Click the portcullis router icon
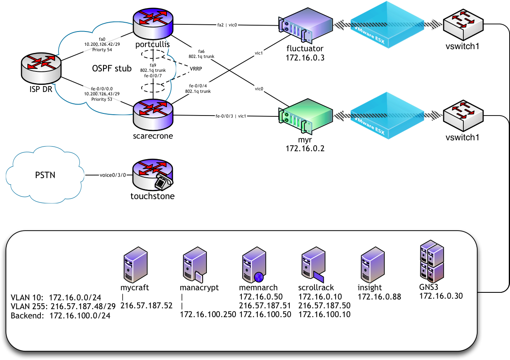point(153,24)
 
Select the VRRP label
point(196,68)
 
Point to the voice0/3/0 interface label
point(113,175)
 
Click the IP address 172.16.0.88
point(379,297)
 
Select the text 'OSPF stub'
point(112,68)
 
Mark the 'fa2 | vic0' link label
point(227,25)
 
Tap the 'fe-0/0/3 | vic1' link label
point(231,116)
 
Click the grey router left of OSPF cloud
point(42,67)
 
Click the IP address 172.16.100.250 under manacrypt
point(208,314)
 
